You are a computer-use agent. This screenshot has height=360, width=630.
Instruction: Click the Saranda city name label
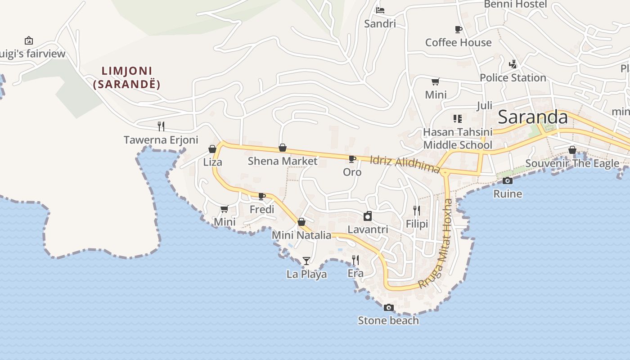[533, 117]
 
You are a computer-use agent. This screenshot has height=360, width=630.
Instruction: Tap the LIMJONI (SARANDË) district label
[127, 77]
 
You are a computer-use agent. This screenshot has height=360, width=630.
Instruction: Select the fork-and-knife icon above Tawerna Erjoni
[161, 126]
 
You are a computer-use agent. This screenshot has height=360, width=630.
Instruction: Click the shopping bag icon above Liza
[212, 148]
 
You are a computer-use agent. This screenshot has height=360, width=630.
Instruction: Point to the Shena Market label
[283, 161]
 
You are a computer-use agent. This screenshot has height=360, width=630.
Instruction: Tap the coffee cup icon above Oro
[352, 159]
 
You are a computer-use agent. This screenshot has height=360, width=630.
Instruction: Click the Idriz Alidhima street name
[405, 165]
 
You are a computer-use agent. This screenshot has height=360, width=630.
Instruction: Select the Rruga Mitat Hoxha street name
[436, 243]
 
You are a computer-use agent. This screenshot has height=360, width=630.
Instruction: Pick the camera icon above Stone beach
[388, 308]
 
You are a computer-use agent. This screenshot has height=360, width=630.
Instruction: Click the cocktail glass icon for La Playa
[306, 261]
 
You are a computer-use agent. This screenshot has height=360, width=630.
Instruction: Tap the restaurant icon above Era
[355, 260]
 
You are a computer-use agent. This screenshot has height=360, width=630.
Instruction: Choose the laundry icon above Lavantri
[368, 216]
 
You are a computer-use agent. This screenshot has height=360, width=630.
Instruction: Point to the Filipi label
[417, 224]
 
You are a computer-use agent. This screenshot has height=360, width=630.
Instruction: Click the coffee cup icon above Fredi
[262, 196]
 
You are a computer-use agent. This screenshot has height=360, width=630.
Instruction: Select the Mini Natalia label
[301, 235]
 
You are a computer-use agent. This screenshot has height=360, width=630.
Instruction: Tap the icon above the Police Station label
[513, 64]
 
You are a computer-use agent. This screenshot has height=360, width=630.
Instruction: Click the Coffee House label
[458, 42]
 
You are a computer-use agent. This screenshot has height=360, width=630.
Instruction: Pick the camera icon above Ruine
[508, 180]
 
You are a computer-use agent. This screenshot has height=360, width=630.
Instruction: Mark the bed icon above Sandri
[380, 10]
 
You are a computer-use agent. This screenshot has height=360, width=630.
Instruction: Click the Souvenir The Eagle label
[572, 163]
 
